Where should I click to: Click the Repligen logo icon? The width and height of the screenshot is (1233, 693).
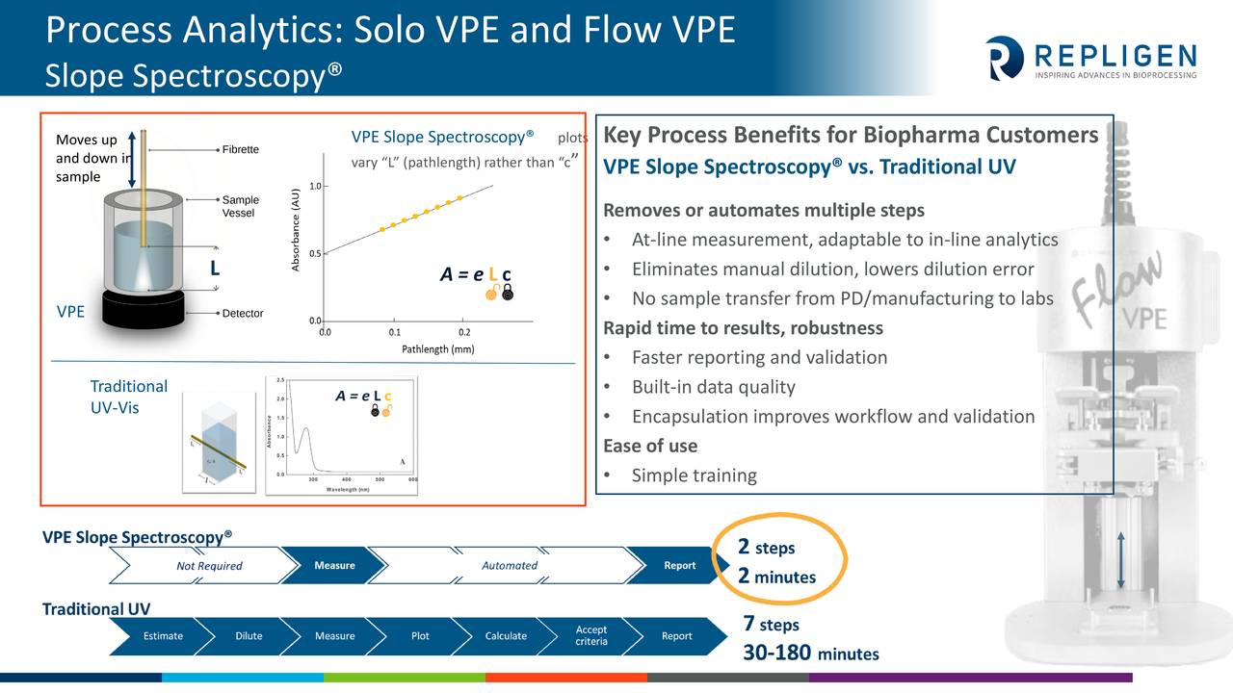tap(1005, 58)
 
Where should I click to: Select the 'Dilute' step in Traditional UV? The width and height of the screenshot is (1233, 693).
tap(249, 635)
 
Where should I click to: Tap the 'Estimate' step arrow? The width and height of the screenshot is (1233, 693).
tap(163, 635)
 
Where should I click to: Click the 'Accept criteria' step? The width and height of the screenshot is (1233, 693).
tap(591, 635)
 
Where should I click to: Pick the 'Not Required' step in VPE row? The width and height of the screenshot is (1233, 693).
tap(209, 566)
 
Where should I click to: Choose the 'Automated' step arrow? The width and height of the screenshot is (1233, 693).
tap(510, 566)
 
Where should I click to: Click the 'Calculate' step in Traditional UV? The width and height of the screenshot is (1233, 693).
tap(506, 635)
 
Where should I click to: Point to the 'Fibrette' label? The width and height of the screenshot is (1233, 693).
tap(241, 150)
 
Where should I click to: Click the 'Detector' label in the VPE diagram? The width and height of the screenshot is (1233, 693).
tap(243, 314)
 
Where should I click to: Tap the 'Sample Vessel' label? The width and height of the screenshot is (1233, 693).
tap(240, 206)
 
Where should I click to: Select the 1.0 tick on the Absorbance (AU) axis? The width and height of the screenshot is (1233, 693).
tap(315, 186)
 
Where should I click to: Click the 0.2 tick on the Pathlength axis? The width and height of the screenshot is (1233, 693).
tap(464, 332)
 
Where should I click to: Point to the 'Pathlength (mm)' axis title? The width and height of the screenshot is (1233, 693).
tap(437, 349)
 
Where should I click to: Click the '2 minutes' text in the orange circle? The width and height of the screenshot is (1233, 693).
tap(776, 577)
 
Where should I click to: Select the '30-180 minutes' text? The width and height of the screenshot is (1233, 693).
tap(810, 654)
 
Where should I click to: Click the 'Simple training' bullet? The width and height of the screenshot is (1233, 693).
tap(694, 475)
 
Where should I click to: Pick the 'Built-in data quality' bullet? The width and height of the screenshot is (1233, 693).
tap(713, 387)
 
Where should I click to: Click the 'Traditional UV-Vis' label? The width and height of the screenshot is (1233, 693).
tap(128, 396)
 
